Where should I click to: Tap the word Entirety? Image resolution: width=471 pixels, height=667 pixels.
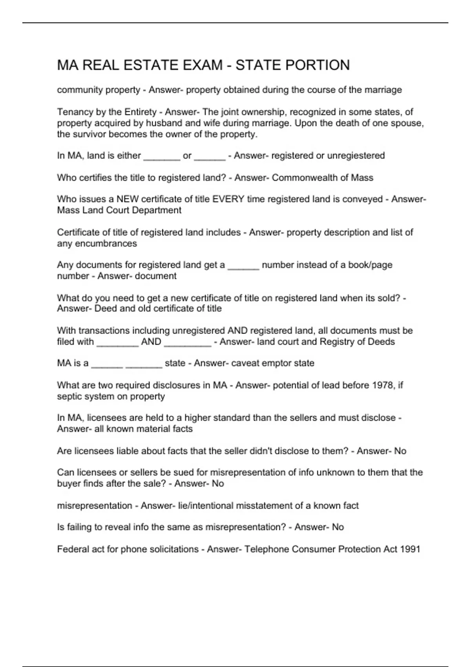(140, 112)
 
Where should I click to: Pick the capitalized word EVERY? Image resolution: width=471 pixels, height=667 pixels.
(228, 199)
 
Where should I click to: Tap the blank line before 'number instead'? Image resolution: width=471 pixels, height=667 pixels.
(243, 267)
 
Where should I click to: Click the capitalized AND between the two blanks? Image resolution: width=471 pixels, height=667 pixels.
(151, 342)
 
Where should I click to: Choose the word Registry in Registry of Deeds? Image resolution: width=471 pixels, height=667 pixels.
(337, 342)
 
